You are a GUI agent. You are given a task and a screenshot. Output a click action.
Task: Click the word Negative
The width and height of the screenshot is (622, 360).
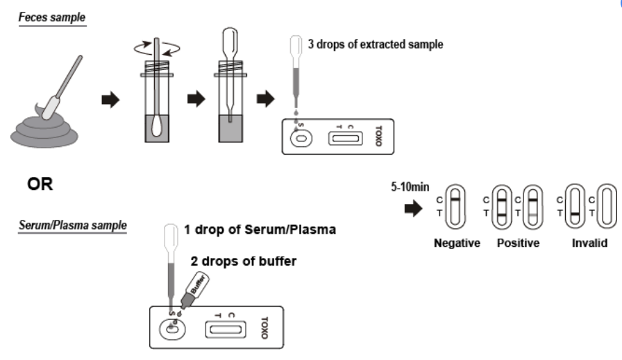coord(456,243)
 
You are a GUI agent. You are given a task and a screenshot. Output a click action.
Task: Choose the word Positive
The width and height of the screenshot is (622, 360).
coord(519,243)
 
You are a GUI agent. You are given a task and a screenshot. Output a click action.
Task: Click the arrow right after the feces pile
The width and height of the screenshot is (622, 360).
coord(110,99)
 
